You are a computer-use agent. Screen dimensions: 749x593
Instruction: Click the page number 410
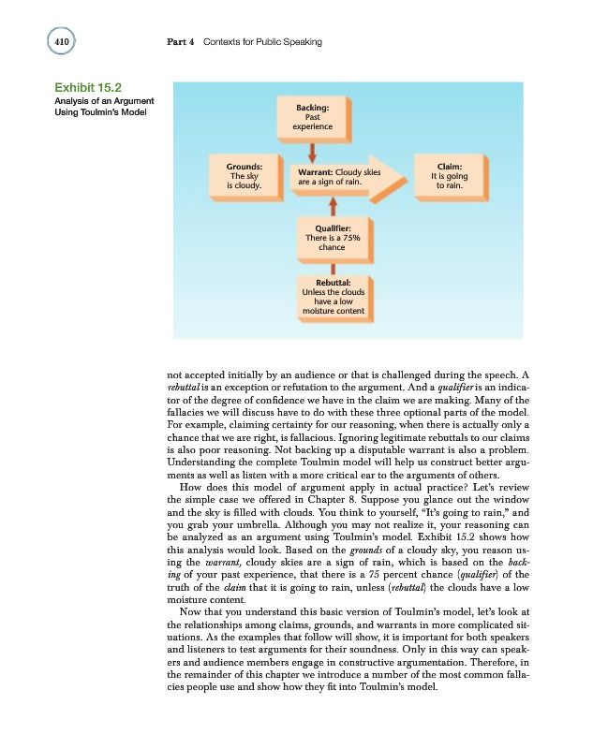click(60, 42)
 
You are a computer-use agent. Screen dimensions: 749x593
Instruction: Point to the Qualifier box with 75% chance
click(333, 238)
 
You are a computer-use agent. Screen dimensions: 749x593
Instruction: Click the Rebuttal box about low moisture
click(334, 298)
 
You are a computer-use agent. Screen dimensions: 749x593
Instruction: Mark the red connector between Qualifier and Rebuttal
click(333, 268)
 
